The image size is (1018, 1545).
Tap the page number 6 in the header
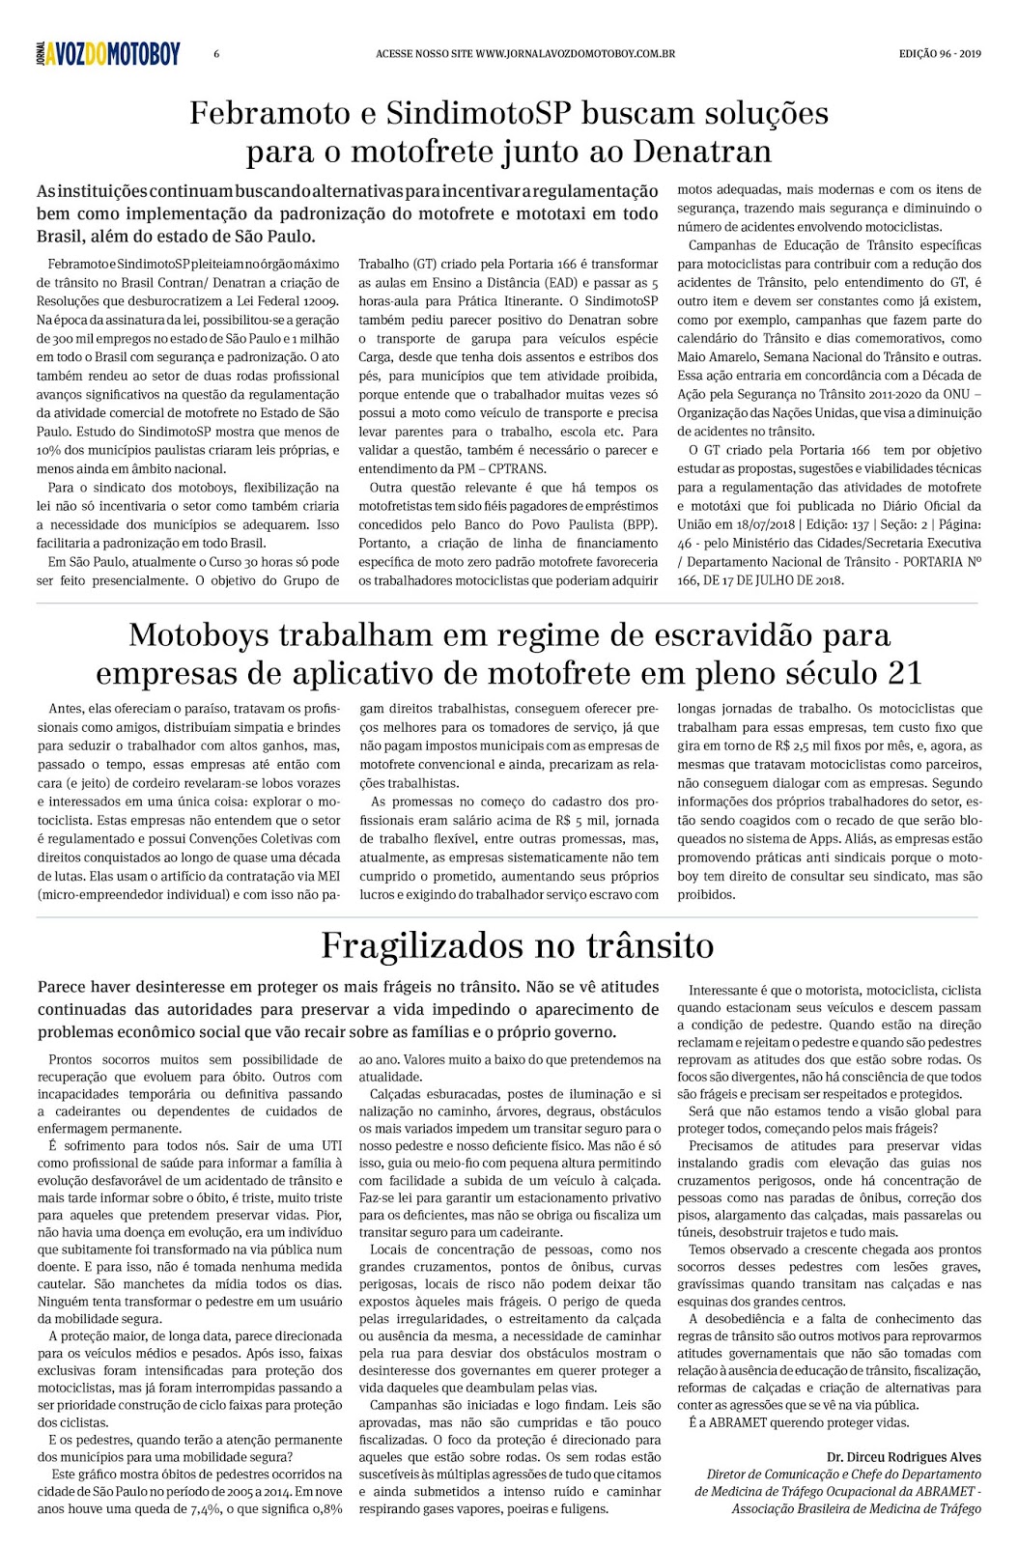216,54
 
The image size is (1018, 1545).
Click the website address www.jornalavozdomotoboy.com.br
576,54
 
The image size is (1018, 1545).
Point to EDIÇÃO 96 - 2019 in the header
939,54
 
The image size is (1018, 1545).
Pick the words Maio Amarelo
713,357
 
